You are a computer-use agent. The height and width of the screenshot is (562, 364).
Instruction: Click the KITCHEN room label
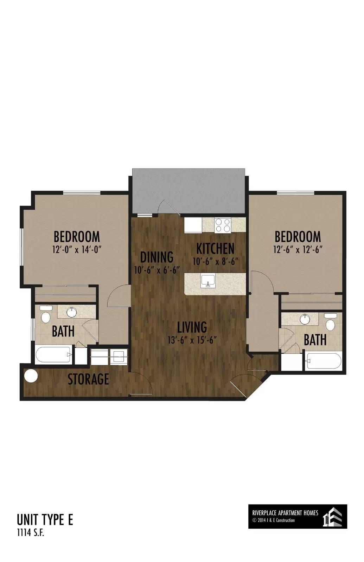(x=215, y=248)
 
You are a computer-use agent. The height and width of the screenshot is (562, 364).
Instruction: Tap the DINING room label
(x=157, y=257)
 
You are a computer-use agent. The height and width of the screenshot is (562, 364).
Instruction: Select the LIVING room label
(x=192, y=327)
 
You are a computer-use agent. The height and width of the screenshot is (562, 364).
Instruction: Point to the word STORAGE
(x=88, y=379)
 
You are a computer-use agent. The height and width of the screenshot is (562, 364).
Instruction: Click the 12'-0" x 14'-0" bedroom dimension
(x=77, y=250)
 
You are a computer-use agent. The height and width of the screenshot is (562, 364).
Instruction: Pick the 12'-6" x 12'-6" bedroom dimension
(x=298, y=250)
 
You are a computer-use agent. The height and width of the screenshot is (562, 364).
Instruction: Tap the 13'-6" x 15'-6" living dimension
(x=192, y=340)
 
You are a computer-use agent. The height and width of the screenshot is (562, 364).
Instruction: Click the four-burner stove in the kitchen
(x=223, y=225)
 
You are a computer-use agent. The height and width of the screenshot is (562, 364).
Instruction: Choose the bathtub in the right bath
(x=323, y=361)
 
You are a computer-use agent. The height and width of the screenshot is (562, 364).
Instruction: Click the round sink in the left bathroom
(x=72, y=312)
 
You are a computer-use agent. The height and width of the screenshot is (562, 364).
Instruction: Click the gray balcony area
(x=189, y=191)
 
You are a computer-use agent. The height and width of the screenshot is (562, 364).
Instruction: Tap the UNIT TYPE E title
(x=45, y=520)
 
